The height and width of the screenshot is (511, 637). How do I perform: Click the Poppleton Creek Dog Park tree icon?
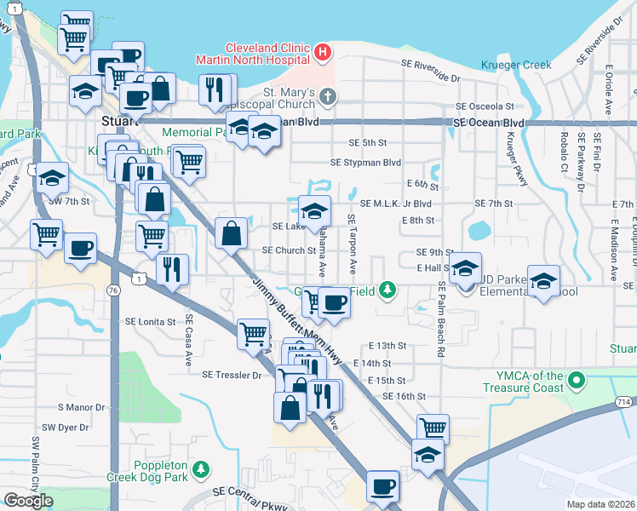[x=201, y=469]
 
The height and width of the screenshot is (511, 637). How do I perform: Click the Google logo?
[x=27, y=501]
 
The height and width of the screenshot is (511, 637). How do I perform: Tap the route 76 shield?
[x=113, y=290]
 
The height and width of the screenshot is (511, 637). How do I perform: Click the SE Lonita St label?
[x=150, y=322]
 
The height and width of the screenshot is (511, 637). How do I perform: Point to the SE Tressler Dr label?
[x=232, y=374]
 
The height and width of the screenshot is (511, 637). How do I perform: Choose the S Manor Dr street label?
[x=80, y=408]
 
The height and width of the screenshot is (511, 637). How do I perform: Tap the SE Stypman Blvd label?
[x=366, y=163]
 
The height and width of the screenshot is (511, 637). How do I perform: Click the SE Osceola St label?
[x=485, y=106]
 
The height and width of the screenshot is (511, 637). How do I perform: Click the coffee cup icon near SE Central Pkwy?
[x=382, y=487]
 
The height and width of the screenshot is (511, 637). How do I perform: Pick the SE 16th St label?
[x=404, y=397]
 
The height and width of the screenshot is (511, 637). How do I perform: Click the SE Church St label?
[x=289, y=250]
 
